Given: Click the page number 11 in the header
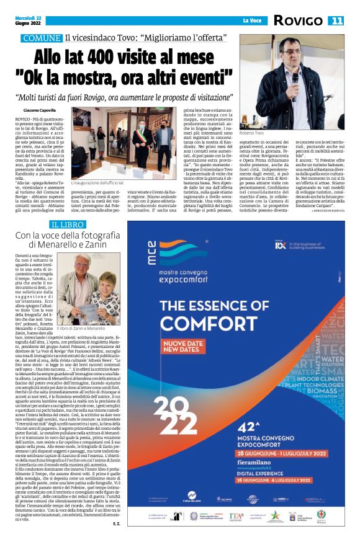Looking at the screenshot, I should click(x=336, y=20).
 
